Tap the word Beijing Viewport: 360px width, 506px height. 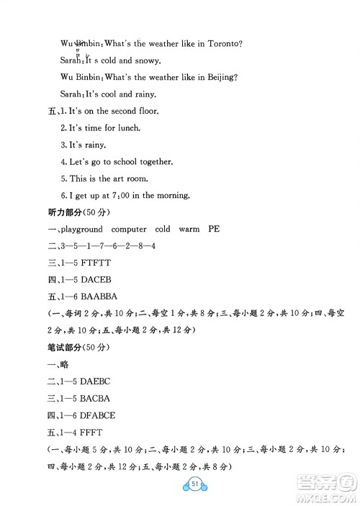221,78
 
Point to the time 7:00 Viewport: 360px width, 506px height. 123,194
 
